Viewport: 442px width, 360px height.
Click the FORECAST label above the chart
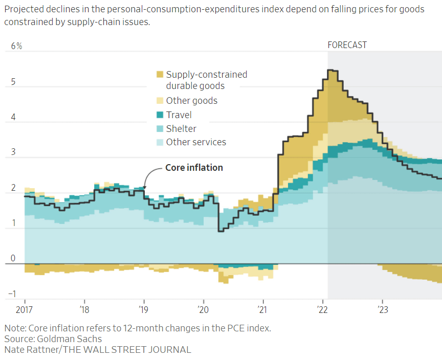[x=347, y=45]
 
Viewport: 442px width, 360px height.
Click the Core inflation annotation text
[x=194, y=168]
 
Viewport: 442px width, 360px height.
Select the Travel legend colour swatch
[x=160, y=115]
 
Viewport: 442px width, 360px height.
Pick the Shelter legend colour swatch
[x=160, y=129]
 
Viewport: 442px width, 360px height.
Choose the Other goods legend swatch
[x=160, y=101]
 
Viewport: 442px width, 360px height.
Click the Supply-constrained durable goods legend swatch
[x=160, y=75]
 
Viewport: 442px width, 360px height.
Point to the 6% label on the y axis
[x=17, y=46]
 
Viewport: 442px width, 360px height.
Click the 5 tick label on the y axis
[x=14, y=82]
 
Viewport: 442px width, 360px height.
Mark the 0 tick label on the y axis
[x=14, y=259]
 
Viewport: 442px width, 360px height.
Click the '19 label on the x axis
[x=144, y=310]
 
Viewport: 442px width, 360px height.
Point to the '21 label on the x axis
[x=263, y=310]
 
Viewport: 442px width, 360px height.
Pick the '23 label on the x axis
[x=382, y=310]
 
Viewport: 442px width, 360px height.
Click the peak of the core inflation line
[x=331, y=70]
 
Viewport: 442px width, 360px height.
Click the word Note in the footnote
[x=13, y=328]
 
